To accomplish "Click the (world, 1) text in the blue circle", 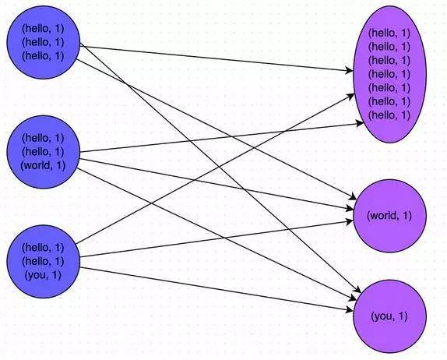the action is (x=43, y=165).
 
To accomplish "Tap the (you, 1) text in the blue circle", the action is (x=43, y=275).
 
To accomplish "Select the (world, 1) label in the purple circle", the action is (x=389, y=215).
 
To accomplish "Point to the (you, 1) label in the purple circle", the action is (x=389, y=316).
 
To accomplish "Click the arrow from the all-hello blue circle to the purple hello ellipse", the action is (x=216, y=58).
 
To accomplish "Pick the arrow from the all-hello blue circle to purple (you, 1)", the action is (x=220, y=168).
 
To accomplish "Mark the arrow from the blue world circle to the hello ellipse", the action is (x=222, y=137).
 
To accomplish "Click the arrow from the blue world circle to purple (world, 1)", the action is (x=216, y=184).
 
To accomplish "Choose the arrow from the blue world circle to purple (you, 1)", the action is (x=216, y=234).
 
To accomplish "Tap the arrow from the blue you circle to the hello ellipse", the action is (x=215, y=168).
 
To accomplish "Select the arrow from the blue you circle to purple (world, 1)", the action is (x=216, y=238).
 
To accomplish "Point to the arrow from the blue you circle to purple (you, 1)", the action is (x=216, y=289).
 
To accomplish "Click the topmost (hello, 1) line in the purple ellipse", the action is (x=389, y=33).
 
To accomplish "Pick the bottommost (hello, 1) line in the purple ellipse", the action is (x=389, y=115).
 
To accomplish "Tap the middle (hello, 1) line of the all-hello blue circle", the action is (x=43, y=42).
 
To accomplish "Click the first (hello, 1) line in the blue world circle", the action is (x=43, y=138).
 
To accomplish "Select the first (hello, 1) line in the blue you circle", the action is (x=43, y=247).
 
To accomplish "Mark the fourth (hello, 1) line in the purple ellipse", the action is (x=389, y=74).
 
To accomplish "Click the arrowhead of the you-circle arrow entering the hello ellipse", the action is (x=351, y=96).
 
